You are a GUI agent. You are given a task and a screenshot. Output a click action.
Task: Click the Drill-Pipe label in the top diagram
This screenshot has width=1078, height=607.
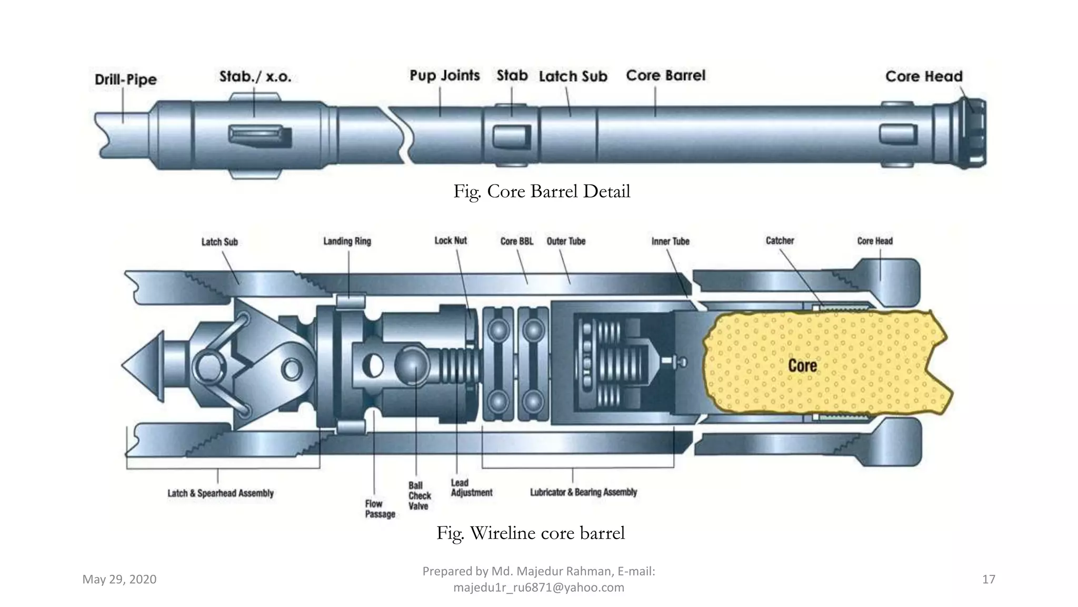126,80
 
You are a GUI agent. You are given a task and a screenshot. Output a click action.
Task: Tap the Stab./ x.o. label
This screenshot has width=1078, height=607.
255,77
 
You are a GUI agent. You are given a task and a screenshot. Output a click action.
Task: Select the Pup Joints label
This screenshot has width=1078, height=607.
445,76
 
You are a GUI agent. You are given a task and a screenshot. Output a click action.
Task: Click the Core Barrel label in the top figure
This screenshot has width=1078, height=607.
665,76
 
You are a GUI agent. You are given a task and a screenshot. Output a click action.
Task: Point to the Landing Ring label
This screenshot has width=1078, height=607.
347,241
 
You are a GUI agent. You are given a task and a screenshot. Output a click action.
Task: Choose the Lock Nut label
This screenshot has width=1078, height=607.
451,241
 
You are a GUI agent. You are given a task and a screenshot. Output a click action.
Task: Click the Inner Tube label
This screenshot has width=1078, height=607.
670,241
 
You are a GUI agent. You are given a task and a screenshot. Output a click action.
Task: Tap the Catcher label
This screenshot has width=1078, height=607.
780,241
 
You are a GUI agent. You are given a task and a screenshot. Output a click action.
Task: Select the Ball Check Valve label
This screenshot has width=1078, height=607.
419,496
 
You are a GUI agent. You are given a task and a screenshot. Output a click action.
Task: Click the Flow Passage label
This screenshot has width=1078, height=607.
380,509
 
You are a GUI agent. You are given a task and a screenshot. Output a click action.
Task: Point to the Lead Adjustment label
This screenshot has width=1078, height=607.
471,488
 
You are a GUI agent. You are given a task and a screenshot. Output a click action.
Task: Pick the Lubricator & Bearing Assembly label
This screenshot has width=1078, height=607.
583,492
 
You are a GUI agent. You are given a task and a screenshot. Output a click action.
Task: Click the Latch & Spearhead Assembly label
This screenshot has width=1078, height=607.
221,494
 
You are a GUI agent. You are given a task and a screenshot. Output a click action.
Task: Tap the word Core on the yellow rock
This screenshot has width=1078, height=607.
802,366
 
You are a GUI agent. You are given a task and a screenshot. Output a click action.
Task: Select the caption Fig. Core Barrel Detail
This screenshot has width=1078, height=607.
542,191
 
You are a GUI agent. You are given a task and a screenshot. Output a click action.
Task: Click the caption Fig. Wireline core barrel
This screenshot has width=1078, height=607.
531,533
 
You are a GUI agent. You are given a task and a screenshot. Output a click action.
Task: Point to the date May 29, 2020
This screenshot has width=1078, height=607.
119,580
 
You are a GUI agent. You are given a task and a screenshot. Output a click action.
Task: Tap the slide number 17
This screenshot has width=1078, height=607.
989,580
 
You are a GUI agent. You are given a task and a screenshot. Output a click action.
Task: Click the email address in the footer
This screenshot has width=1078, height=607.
538,588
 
